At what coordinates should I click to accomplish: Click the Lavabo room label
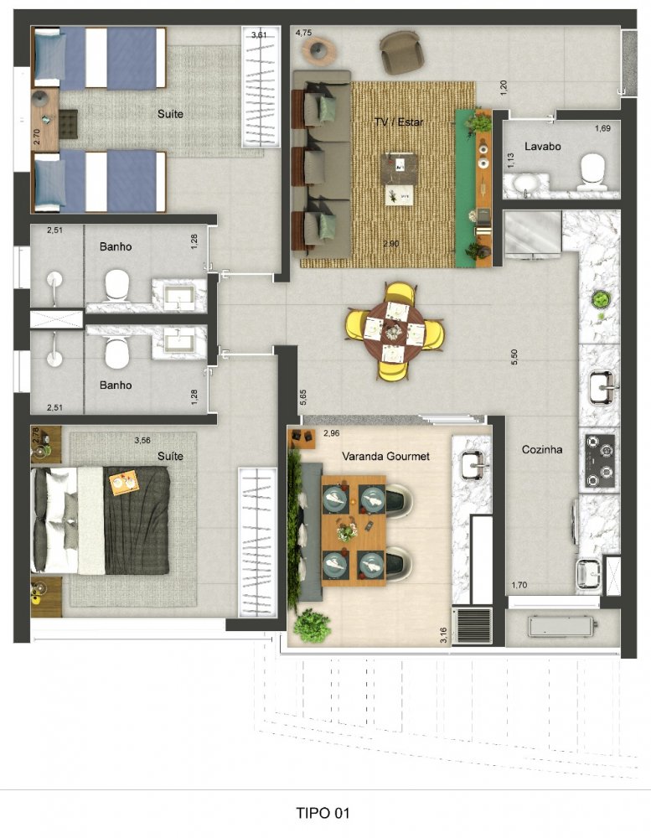(543, 147)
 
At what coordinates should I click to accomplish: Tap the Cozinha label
(542, 449)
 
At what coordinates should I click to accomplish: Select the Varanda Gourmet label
(385, 456)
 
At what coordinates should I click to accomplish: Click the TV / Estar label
(399, 122)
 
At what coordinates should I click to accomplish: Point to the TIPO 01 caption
(323, 814)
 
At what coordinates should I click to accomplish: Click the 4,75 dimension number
(303, 34)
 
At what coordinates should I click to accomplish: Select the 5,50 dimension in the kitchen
(514, 357)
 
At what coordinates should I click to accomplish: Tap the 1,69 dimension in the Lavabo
(602, 128)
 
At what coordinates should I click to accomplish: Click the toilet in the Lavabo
(592, 172)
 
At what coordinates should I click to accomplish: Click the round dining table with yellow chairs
(394, 331)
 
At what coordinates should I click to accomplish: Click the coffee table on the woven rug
(399, 179)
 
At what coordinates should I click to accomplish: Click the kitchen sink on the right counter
(602, 387)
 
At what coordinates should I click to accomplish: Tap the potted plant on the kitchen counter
(600, 299)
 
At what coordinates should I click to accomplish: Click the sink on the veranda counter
(473, 465)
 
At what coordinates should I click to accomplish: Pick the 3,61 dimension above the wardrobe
(259, 35)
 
